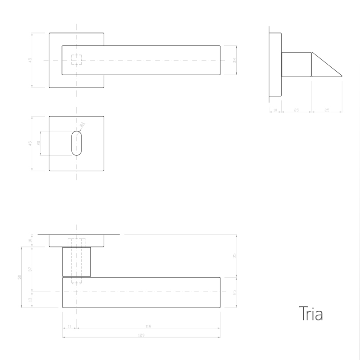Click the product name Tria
point(310,314)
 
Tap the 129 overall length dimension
point(141,335)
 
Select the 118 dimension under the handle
point(148,326)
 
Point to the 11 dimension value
point(69,326)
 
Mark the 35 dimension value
point(235,255)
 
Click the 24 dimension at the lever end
point(235,60)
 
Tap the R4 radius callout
point(81,125)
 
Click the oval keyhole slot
point(77,143)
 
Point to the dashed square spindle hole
point(77,60)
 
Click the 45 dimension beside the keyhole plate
point(30,143)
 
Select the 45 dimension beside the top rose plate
point(30,60)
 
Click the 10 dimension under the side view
point(275,110)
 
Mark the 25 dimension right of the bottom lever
point(235,292)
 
